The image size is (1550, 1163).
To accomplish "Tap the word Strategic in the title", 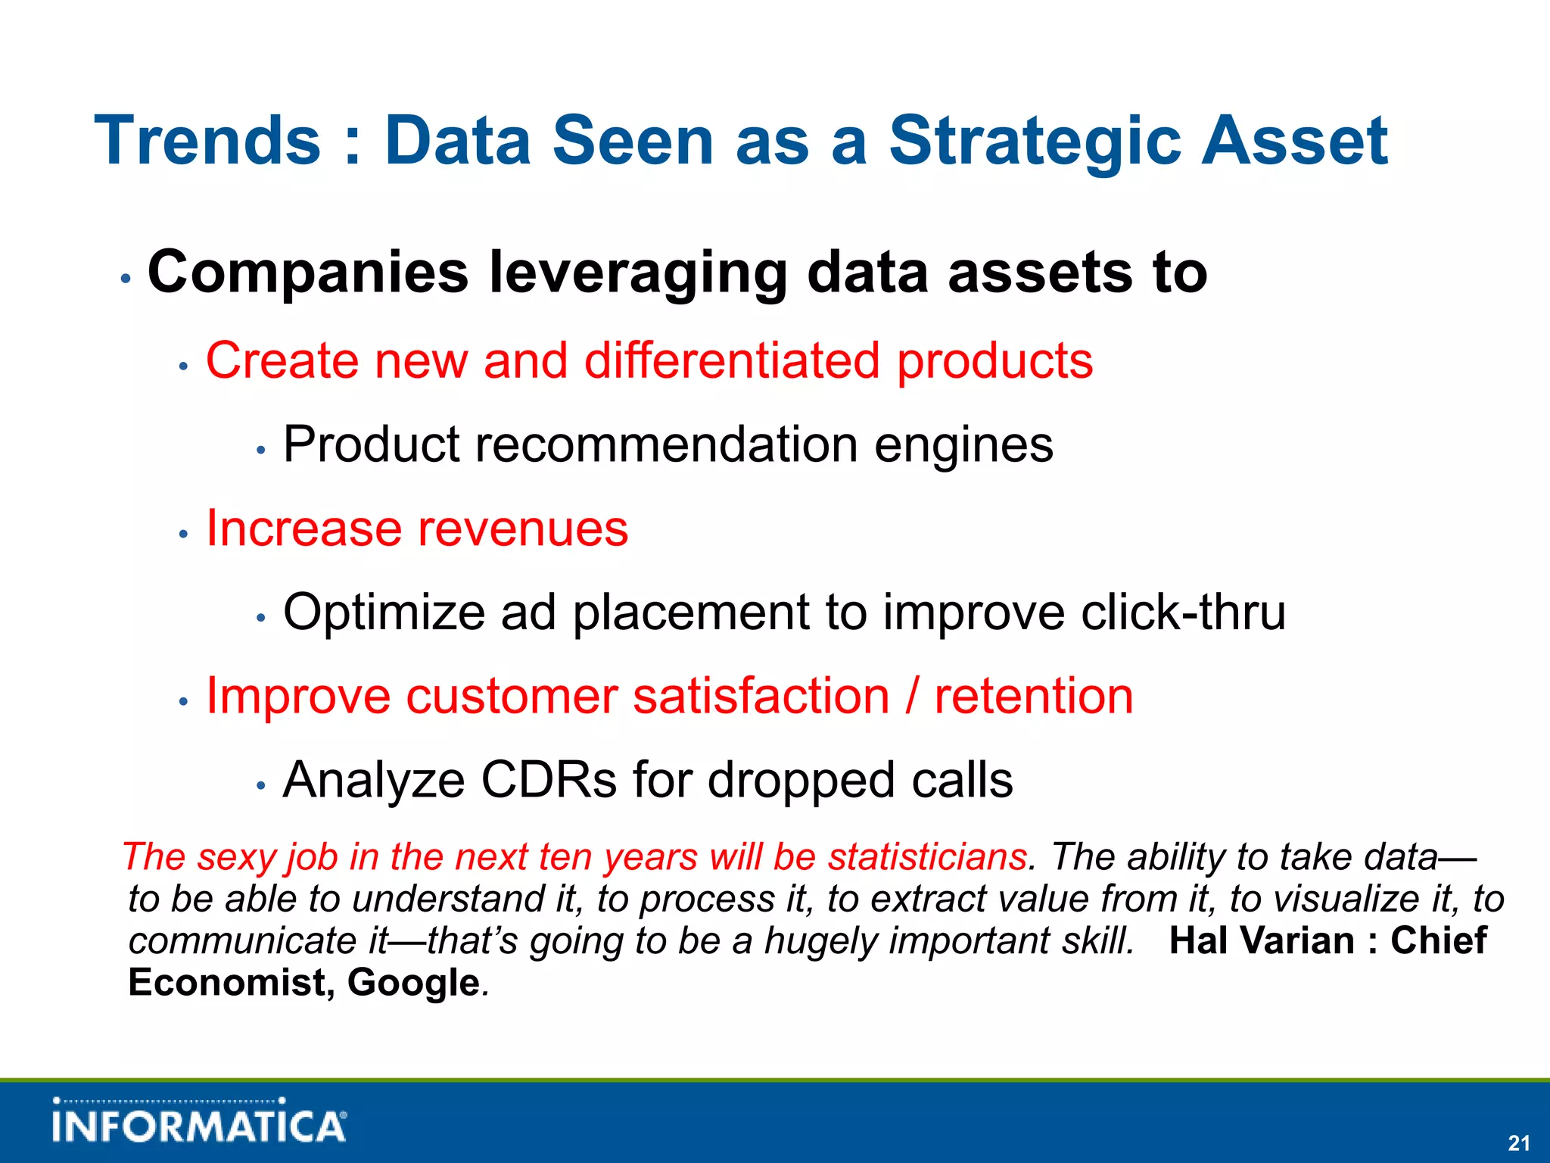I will coord(1034,142).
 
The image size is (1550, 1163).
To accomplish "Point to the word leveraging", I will coord(638,274).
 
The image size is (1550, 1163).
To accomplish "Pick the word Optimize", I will coord(384,613).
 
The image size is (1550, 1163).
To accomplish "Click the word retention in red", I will coord(1034,696).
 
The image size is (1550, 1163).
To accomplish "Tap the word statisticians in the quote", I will coord(928,857).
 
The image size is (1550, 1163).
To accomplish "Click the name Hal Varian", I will coord(1261,940).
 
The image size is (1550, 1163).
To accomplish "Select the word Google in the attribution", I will coord(413,983).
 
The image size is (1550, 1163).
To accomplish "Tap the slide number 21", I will coord(1518,1143).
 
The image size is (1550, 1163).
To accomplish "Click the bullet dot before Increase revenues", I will coord(182,535).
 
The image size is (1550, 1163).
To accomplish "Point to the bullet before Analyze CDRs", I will coord(260,787).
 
